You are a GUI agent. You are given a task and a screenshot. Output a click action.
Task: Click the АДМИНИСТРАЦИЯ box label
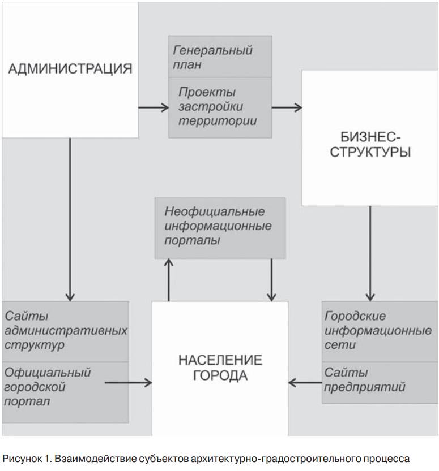pyautogui.click(x=70, y=69)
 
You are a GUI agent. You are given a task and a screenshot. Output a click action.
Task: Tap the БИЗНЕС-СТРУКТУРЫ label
pyautogui.click(x=370, y=145)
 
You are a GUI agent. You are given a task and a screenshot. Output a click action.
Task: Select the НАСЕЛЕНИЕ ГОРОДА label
pyautogui.click(x=220, y=368)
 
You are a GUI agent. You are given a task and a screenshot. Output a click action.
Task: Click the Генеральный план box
pyautogui.click(x=220, y=57)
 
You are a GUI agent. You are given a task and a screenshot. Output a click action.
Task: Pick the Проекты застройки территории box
pyautogui.click(x=220, y=107)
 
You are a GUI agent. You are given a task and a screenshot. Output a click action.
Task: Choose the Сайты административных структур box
pyautogui.click(x=65, y=330)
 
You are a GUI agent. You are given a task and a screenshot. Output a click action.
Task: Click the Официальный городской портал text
pyautogui.click(x=48, y=387)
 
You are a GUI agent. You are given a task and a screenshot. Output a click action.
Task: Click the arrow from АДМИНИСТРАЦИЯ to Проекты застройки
pyautogui.click(x=154, y=107)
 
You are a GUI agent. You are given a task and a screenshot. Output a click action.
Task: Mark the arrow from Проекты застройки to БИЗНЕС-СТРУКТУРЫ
pyautogui.click(x=287, y=107)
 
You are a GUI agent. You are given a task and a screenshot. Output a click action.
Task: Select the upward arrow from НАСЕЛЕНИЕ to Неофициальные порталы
pyautogui.click(x=169, y=279)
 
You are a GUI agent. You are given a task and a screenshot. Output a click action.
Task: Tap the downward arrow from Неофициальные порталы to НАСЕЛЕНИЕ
pyautogui.click(x=271, y=279)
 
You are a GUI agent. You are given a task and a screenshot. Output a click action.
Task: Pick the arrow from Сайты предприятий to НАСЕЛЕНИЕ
pyautogui.click(x=305, y=383)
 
